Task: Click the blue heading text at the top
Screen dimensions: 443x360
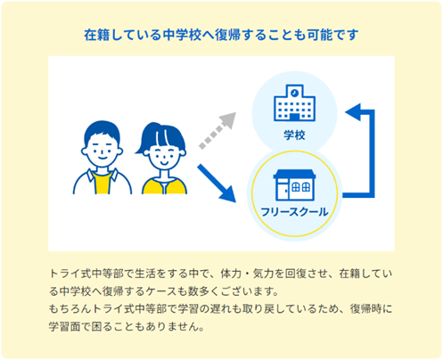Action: click(x=221, y=35)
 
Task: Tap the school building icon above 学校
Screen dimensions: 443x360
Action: click(x=294, y=103)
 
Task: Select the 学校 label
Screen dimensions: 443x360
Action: click(x=294, y=135)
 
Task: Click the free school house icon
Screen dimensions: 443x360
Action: click(x=294, y=185)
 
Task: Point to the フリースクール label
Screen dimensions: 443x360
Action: click(x=294, y=212)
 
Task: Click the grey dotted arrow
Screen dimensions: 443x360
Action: click(x=217, y=130)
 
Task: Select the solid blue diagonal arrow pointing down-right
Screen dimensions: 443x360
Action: click(x=217, y=184)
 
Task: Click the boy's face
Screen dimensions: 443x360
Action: click(x=103, y=150)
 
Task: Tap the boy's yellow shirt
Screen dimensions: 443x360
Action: click(x=103, y=183)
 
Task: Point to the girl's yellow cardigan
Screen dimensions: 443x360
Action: click(x=164, y=186)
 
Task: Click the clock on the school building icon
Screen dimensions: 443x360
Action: click(x=294, y=93)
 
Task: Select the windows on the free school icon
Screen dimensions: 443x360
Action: click(x=301, y=187)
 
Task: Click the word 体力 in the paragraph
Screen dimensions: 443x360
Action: click(x=231, y=274)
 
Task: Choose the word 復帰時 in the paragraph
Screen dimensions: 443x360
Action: click(x=365, y=308)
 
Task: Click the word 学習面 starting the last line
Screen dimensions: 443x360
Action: click(x=65, y=326)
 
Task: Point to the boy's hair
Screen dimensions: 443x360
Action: click(x=102, y=131)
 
